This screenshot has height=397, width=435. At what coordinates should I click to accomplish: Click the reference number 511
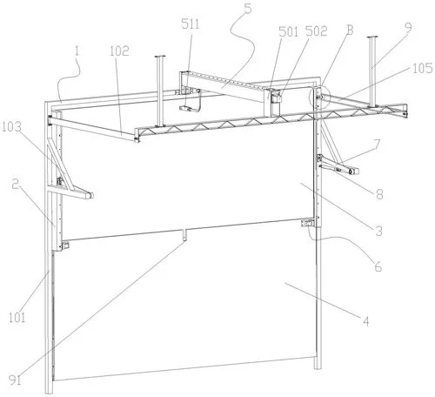click(191, 24)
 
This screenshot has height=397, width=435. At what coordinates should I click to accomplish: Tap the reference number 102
click(119, 51)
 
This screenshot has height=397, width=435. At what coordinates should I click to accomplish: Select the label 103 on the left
click(11, 127)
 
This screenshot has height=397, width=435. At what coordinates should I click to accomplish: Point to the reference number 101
click(17, 318)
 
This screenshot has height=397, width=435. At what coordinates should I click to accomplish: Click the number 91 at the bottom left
click(15, 380)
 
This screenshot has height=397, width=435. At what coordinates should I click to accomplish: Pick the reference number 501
click(288, 31)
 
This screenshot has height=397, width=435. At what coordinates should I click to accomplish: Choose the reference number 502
click(316, 31)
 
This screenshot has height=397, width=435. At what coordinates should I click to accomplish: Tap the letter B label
click(351, 30)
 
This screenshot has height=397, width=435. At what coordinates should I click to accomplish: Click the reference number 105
click(423, 68)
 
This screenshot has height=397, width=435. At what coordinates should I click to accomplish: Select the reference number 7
click(377, 145)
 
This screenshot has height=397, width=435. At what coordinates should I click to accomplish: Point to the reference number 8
click(379, 194)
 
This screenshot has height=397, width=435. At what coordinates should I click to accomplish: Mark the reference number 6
click(378, 266)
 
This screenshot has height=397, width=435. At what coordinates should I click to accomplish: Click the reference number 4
click(366, 321)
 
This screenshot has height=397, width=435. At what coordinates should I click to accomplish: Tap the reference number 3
click(378, 231)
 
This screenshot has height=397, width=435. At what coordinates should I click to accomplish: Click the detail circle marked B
click(320, 98)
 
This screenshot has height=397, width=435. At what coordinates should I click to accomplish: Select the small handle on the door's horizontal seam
click(184, 234)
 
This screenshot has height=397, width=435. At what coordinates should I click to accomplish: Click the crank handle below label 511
click(191, 103)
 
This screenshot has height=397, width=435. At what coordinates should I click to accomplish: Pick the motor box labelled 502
click(277, 97)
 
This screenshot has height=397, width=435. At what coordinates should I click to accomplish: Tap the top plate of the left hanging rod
click(159, 57)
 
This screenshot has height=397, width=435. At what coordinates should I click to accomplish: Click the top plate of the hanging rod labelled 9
click(372, 37)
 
